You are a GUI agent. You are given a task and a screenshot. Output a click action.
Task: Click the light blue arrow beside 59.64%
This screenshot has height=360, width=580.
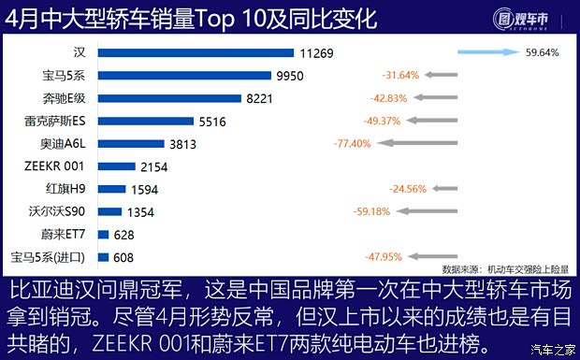tap(491, 53)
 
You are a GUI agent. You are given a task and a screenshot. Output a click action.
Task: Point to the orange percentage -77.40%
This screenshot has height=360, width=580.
tap(352, 143)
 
